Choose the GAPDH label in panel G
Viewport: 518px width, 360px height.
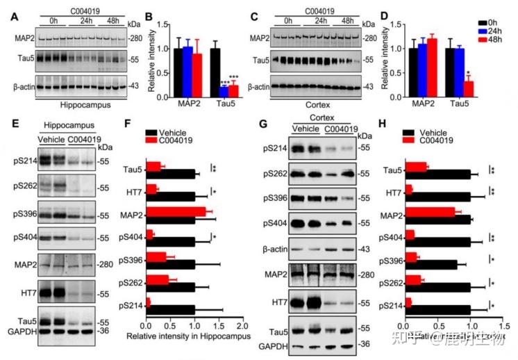272,345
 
